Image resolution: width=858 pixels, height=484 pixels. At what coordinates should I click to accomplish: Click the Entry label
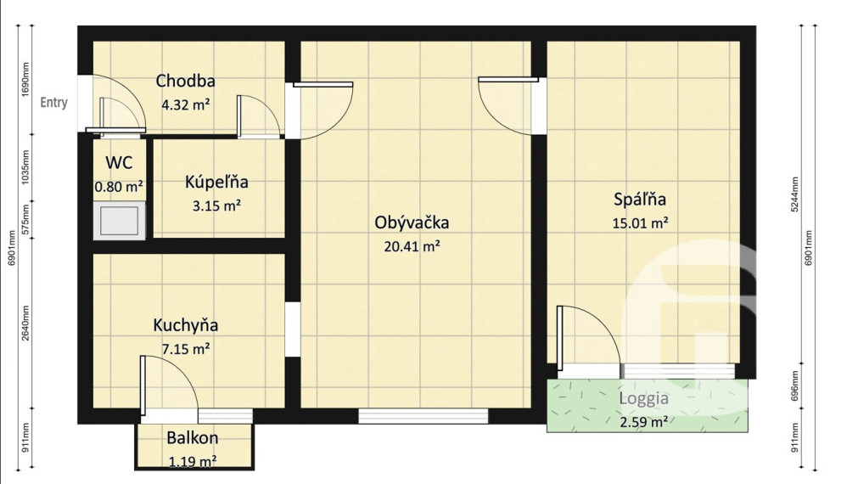54,103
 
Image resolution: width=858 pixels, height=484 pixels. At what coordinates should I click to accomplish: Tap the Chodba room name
185,82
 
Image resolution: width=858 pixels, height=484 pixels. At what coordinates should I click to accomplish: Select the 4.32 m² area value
185,105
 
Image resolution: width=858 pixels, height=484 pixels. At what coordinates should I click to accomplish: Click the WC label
118,162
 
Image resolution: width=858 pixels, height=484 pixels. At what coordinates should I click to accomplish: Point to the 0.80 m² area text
118,185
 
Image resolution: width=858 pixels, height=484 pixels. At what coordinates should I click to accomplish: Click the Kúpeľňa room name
216,182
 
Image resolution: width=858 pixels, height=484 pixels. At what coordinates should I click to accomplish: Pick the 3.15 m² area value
216,205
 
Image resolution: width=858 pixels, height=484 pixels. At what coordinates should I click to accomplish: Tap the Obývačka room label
412,223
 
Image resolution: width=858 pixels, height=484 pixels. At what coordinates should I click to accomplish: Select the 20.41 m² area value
412,247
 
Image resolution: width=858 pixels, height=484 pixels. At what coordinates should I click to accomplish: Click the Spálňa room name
640,200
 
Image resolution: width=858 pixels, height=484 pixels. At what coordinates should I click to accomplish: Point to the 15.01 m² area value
640,223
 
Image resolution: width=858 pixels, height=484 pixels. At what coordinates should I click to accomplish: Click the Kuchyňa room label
186,325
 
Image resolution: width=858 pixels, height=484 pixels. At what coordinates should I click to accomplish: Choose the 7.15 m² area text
186,348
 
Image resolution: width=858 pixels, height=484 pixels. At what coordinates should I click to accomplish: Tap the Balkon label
193,438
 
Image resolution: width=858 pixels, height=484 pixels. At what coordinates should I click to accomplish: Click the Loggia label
643,397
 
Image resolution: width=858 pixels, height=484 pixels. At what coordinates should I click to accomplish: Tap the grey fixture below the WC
119,221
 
